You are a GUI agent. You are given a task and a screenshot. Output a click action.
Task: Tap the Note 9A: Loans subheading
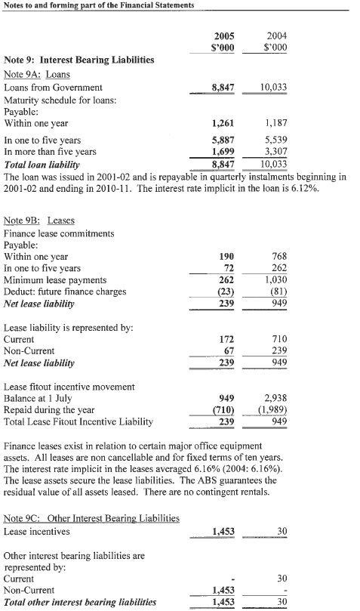pyautogui.click(x=37, y=74)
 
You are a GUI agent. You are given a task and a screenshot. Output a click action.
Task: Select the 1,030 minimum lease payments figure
pyautogui.click(x=275, y=280)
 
